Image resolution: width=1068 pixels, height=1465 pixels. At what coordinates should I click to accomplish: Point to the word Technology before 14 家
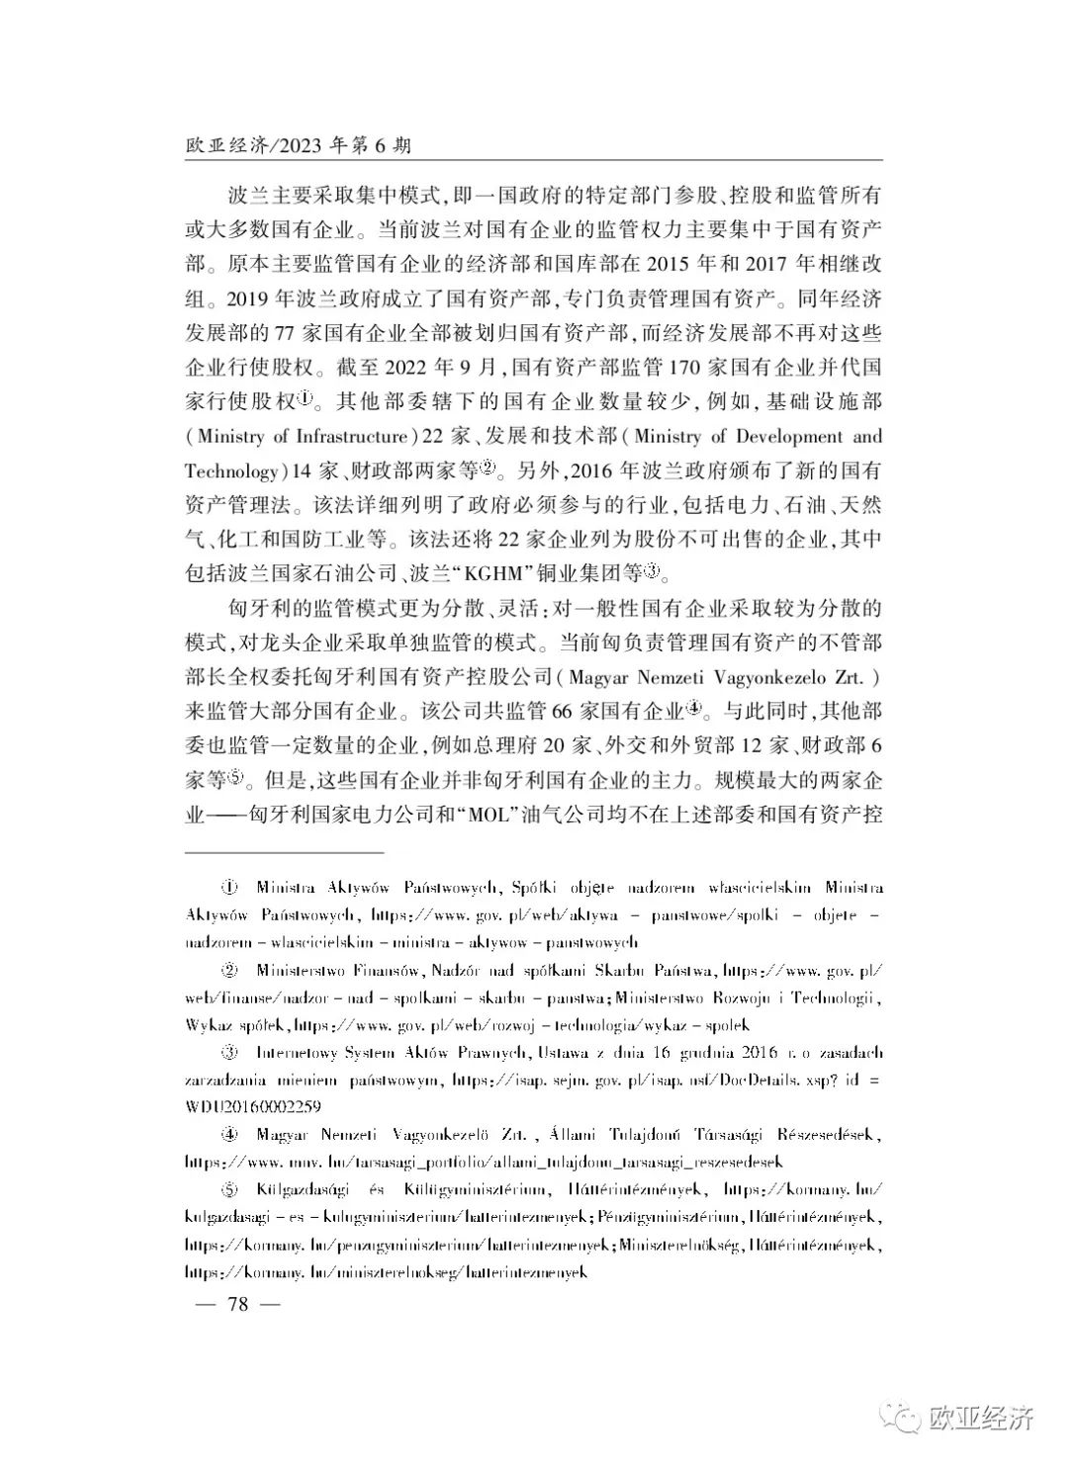pos(230,471)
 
